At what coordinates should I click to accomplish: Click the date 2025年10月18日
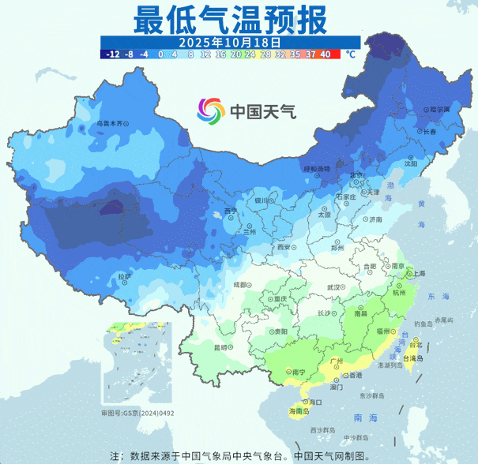230,41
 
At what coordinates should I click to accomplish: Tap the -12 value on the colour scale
111,54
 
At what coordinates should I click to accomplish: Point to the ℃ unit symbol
350,54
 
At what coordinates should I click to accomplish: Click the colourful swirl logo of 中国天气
212,111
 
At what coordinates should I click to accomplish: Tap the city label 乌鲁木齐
110,123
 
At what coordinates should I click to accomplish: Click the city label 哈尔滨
438,110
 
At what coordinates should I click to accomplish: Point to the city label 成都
241,285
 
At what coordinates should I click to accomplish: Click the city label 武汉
337,288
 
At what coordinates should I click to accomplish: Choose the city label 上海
418,273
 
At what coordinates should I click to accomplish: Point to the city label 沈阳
410,163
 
